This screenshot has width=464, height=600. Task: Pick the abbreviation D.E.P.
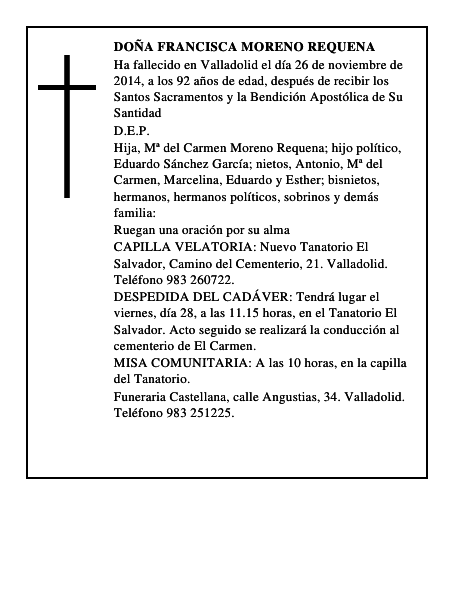tap(131, 131)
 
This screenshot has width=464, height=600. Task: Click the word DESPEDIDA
tap(155, 297)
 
